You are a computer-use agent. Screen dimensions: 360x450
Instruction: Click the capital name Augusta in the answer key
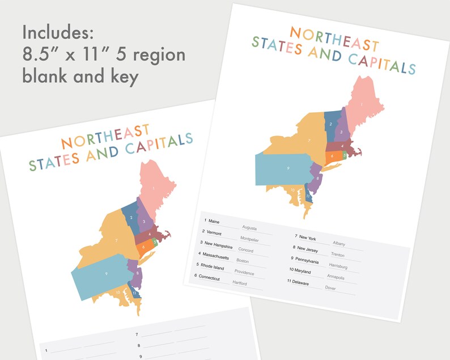249,228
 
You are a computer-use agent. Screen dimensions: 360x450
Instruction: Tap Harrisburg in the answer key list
338,266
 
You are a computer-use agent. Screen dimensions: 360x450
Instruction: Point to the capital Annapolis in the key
336,277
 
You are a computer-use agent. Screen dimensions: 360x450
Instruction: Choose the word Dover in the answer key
330,288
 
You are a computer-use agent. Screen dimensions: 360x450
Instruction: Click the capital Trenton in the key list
338,255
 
